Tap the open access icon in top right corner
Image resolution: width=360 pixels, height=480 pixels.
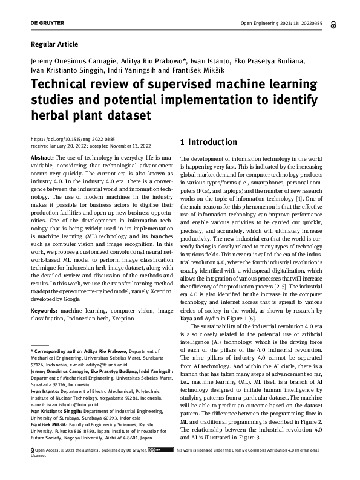[x=333, y=24]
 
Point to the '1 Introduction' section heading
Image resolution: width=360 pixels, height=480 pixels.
[x=209, y=143]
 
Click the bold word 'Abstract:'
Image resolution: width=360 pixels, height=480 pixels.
[x=42, y=157]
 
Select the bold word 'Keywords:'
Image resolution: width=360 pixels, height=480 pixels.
[x=44, y=310]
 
